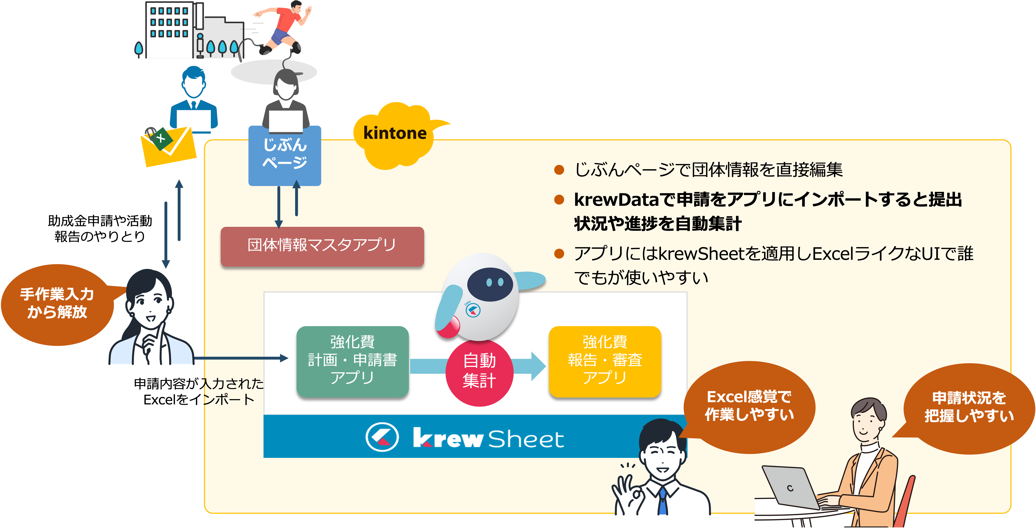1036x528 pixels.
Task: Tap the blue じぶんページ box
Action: click(285, 155)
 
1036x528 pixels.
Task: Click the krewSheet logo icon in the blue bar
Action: click(382, 437)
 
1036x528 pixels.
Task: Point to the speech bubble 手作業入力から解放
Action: click(57, 304)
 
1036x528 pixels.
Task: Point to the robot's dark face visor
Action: click(490, 284)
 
